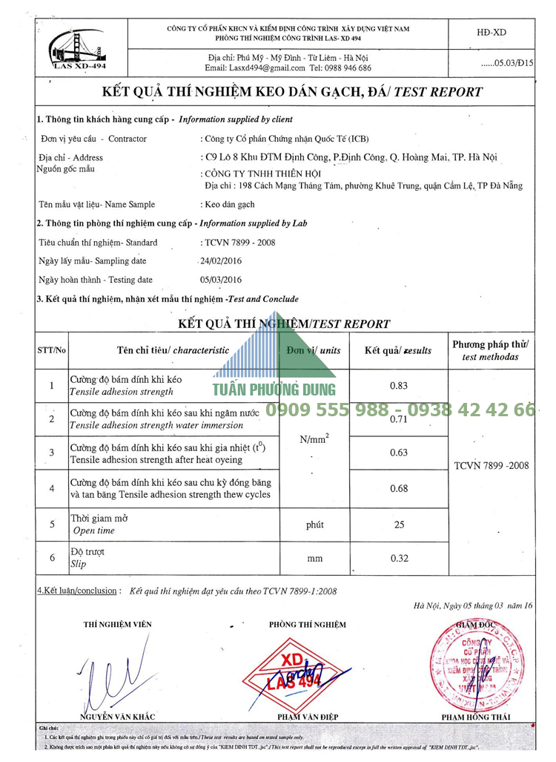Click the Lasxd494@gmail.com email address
(x=255, y=68)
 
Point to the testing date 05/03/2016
(x=221, y=280)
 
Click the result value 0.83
(x=399, y=386)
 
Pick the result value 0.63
(x=399, y=452)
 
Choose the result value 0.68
(x=399, y=488)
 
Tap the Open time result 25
(x=399, y=525)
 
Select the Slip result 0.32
(x=399, y=559)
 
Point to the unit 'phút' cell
(x=314, y=525)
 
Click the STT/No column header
(x=51, y=349)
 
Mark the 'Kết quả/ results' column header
(x=399, y=350)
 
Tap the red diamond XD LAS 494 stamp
(x=297, y=671)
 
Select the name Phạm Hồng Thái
(x=476, y=717)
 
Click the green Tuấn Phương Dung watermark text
(x=274, y=390)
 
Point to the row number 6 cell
(x=51, y=559)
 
